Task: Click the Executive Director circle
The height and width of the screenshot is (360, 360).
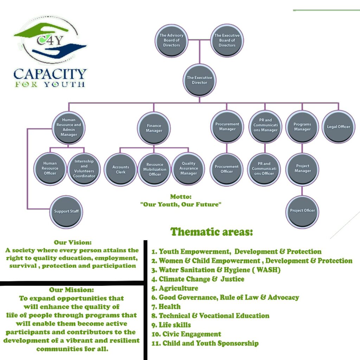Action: pyautogui.click(x=199, y=80)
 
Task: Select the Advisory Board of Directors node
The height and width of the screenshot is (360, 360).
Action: pyautogui.click(x=172, y=40)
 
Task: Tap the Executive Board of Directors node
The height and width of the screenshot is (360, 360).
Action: pyautogui.click(x=227, y=40)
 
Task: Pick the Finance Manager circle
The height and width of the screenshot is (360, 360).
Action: pyautogui.click(x=154, y=128)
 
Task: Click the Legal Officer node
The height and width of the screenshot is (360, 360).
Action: pyautogui.click(x=339, y=127)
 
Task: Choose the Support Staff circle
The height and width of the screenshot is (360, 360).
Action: pyautogui.click(x=66, y=211)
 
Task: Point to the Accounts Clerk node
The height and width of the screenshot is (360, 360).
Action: pyautogui.click(x=121, y=169)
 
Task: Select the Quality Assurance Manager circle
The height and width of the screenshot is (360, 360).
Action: pyautogui.click(x=189, y=168)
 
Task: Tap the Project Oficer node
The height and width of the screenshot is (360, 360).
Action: pyautogui.click(x=302, y=211)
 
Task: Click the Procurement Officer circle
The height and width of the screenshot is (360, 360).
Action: pyautogui.click(x=227, y=169)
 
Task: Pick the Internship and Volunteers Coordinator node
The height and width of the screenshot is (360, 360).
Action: pyautogui.click(x=84, y=168)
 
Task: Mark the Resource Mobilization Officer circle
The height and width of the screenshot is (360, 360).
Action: pyautogui.click(x=155, y=169)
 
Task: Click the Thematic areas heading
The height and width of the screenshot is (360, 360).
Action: pyautogui.click(x=212, y=232)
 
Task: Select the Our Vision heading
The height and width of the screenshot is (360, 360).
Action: pyautogui.click(x=72, y=243)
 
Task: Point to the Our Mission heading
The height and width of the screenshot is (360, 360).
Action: pyautogui.click(x=71, y=290)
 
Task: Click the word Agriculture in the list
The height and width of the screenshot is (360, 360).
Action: pyautogui.click(x=178, y=288)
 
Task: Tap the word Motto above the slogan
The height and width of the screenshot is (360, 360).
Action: pyautogui.click(x=181, y=197)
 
